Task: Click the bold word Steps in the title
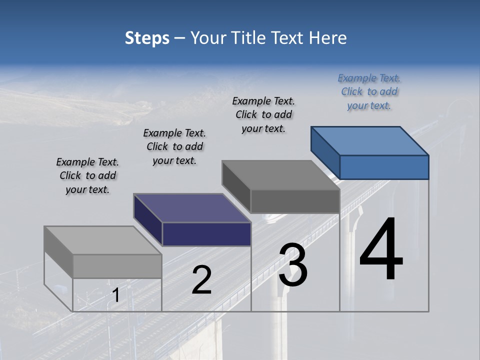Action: [147, 38]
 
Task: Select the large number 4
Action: [381, 250]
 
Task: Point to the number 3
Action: [293, 265]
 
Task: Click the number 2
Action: [201, 280]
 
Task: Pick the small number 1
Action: [115, 295]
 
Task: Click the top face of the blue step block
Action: [370, 140]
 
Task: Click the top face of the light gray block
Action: [102, 240]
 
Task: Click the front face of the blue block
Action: [384, 167]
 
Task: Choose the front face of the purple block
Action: [206, 234]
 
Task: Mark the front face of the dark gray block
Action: [295, 201]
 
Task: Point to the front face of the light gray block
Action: [117, 266]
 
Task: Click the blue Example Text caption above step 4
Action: [369, 92]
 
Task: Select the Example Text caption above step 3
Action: [263, 115]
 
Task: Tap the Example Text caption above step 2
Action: [174, 147]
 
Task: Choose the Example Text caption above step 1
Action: [87, 176]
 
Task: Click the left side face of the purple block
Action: [148, 220]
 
